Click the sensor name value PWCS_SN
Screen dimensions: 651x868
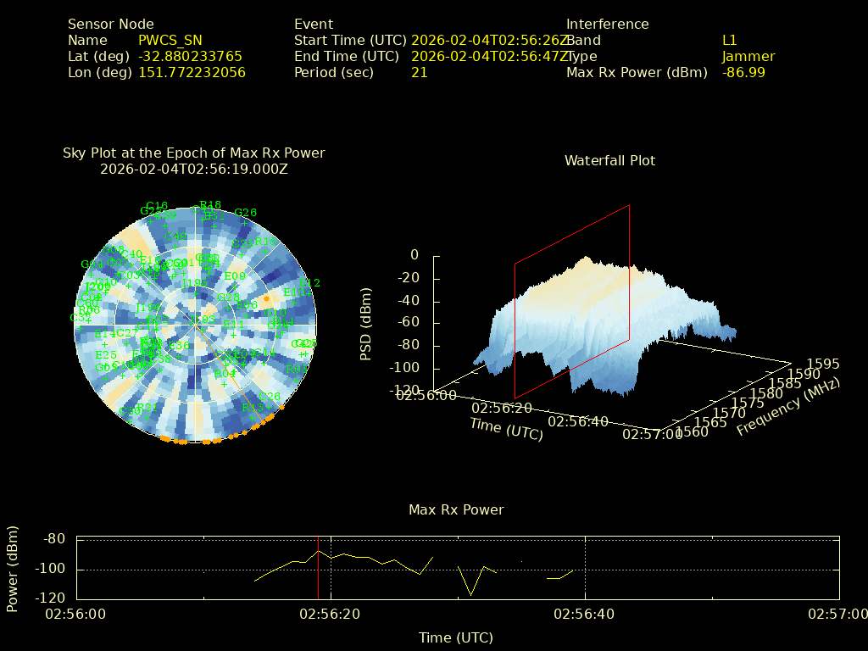click(x=170, y=40)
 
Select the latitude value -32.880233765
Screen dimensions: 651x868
click(x=190, y=56)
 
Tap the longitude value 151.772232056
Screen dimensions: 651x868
click(x=192, y=72)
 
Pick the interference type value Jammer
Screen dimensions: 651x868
click(x=748, y=56)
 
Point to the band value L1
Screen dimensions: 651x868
click(x=729, y=40)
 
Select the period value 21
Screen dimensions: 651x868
click(x=419, y=72)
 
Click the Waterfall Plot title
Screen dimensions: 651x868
click(x=609, y=160)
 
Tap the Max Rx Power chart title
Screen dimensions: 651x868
click(x=456, y=509)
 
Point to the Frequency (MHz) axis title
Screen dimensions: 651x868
click(x=788, y=407)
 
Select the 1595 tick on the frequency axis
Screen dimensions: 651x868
click(x=823, y=364)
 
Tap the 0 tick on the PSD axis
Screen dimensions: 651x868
click(x=414, y=255)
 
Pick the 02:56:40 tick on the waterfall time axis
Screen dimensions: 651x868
click(x=577, y=421)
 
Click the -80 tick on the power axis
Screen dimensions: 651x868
click(x=55, y=538)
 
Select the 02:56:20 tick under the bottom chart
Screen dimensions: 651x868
click(x=331, y=613)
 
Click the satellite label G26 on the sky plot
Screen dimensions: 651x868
click(x=245, y=212)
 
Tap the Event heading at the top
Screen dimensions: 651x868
click(x=314, y=24)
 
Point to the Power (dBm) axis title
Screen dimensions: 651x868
click(x=12, y=569)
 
